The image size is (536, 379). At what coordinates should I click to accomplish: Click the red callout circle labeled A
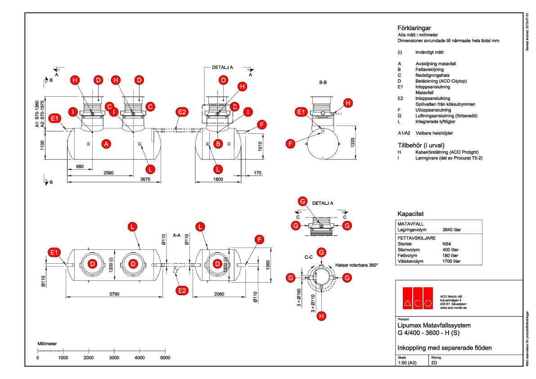tap(106, 144)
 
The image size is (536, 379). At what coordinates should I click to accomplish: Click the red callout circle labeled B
tap(218, 144)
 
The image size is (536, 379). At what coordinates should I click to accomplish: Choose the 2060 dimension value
tap(219, 294)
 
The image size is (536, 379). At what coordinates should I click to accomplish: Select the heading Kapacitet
tap(410, 214)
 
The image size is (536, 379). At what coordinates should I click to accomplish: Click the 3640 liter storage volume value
tap(452, 230)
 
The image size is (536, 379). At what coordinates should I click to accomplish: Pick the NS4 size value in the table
tap(447, 244)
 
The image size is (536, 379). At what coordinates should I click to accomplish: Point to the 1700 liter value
tap(451, 261)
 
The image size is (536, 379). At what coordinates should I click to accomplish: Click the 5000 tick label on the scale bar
tap(165, 358)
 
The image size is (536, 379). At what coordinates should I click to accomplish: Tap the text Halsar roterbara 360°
tap(357, 265)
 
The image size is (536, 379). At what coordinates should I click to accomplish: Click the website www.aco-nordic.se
tap(454, 308)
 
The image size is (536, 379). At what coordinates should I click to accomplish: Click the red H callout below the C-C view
tap(321, 316)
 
